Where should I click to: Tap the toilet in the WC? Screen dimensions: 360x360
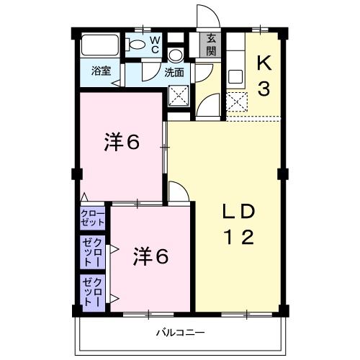(x=136, y=45)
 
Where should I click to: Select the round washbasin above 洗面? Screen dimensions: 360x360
(x=176, y=56)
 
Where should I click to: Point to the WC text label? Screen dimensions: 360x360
(x=155, y=45)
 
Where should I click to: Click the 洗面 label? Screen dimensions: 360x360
(x=174, y=72)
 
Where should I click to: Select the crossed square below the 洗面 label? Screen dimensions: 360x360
(x=178, y=95)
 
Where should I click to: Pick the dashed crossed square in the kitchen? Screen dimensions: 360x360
(x=236, y=101)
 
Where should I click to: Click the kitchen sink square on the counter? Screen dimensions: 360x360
(x=235, y=76)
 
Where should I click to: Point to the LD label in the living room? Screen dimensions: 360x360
(x=238, y=212)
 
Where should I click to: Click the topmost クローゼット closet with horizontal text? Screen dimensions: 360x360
(x=93, y=218)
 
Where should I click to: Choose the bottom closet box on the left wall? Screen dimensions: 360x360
(x=93, y=292)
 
